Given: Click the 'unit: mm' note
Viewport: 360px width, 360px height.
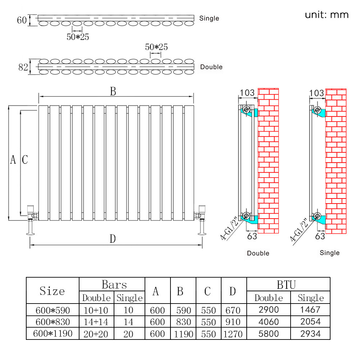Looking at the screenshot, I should [x=327, y=15].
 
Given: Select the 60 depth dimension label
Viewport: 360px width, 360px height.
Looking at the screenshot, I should [x=22, y=20].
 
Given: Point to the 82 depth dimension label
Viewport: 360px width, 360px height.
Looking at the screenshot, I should [x=23, y=67].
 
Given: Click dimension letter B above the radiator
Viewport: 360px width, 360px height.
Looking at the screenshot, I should [x=113, y=92].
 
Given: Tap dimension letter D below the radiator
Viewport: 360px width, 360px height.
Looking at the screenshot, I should [x=113, y=238].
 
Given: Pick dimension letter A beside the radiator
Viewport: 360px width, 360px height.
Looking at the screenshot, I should [x=13, y=159].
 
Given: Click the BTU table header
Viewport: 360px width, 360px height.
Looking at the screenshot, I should [x=286, y=285].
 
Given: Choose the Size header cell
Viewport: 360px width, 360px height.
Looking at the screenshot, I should [x=53, y=291].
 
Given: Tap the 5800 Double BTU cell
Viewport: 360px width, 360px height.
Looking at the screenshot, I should [x=268, y=333].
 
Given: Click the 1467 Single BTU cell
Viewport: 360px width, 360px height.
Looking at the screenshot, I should [x=311, y=309].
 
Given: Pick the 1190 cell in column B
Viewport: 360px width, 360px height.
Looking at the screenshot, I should [x=183, y=334].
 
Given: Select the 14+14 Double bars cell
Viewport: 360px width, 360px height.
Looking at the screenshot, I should [x=96, y=322].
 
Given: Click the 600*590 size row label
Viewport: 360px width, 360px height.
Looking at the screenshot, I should [x=53, y=310].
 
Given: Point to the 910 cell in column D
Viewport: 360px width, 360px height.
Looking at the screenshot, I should [x=233, y=322].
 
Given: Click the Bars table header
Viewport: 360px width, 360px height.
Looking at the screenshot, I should [x=114, y=285].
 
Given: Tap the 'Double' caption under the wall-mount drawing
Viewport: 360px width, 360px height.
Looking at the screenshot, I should [x=258, y=253].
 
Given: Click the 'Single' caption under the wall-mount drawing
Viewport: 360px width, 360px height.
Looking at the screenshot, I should [x=329, y=253].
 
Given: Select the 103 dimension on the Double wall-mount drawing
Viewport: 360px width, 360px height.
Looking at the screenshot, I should [x=247, y=93].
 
